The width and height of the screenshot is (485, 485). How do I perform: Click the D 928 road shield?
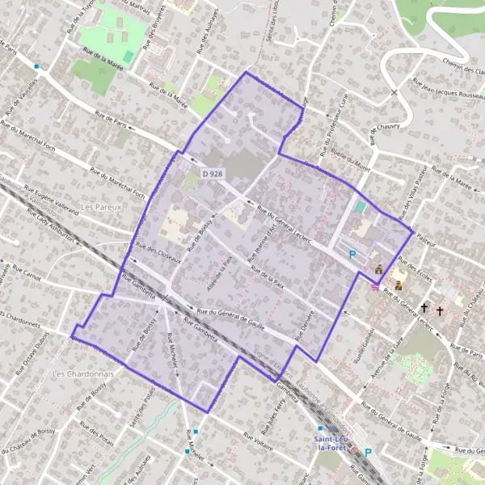[213, 174]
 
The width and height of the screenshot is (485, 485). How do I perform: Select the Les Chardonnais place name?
[82, 374]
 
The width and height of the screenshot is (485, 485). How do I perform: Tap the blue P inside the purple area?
[352, 254]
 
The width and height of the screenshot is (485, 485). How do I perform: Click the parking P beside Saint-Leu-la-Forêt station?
[368, 453]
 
